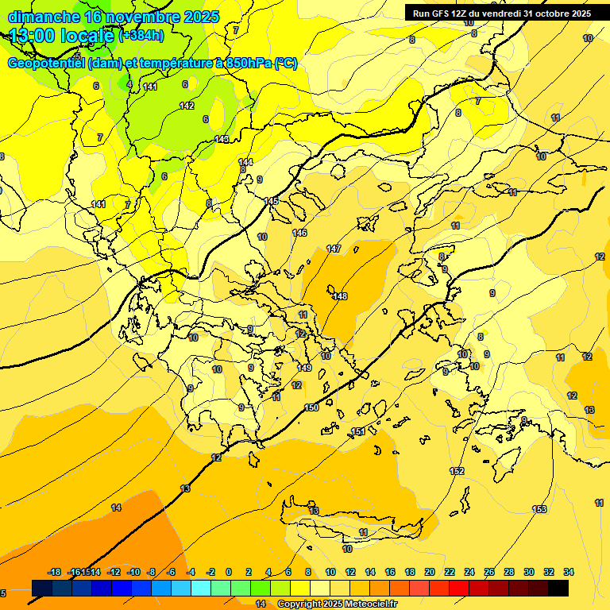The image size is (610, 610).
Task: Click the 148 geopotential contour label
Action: (340, 296)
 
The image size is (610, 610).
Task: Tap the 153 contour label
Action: (539, 509)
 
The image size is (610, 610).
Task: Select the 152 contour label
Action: (457, 471)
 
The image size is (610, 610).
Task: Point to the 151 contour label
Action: (358, 431)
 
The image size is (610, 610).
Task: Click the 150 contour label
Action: (311, 407)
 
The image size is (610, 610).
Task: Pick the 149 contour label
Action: (304, 368)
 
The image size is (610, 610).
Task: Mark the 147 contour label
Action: (334, 249)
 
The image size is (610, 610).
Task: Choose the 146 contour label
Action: (299, 233)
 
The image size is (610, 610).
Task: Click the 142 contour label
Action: (187, 106)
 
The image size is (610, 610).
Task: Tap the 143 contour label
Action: (222, 140)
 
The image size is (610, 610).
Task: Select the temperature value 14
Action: (116, 508)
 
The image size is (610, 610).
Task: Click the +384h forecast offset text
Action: (141, 36)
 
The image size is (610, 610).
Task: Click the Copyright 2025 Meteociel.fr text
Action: (337, 604)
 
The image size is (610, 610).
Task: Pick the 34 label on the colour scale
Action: (568, 572)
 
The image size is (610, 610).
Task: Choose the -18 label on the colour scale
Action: (54, 572)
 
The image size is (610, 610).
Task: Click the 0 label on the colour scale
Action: (229, 572)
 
